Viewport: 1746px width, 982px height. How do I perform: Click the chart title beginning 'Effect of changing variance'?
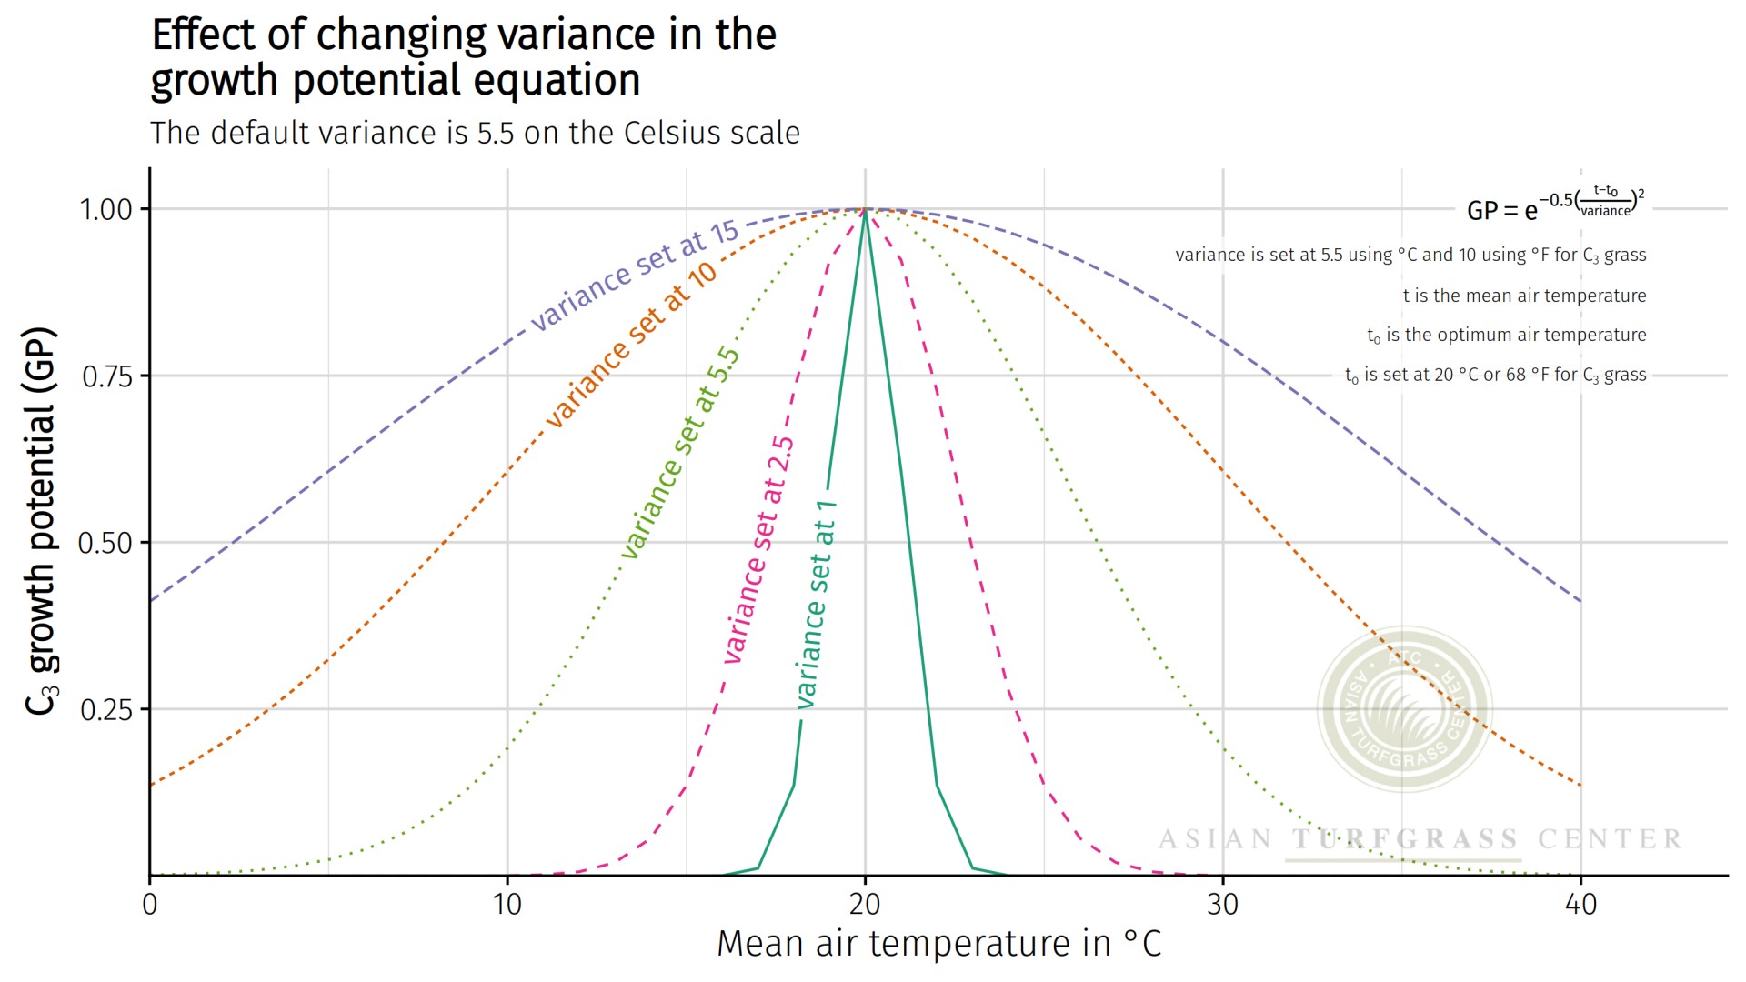pyautogui.click(x=464, y=57)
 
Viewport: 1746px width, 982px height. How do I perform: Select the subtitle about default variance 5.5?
pyautogui.click(x=475, y=133)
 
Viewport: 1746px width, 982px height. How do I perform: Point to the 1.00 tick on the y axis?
pyautogui.click(x=106, y=209)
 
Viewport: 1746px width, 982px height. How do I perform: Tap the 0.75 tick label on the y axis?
pyautogui.click(x=106, y=376)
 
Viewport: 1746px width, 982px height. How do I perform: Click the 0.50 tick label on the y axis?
pyautogui.click(x=105, y=543)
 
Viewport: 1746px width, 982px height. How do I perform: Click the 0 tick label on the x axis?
pyautogui.click(x=150, y=904)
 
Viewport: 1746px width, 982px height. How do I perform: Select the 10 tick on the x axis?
pyautogui.click(x=507, y=904)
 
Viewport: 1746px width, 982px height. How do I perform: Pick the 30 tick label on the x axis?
pyautogui.click(x=1223, y=904)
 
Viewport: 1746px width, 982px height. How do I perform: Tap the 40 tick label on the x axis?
pyautogui.click(x=1580, y=904)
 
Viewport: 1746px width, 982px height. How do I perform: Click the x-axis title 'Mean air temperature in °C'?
pyautogui.click(x=938, y=944)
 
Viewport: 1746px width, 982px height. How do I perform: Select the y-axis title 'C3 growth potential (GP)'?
pyautogui.click(x=41, y=520)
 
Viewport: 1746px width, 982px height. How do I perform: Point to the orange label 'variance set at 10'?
pyautogui.click(x=631, y=346)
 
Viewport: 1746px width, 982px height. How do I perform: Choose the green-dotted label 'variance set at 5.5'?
pyautogui.click(x=680, y=452)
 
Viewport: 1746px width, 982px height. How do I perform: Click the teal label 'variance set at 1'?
pyautogui.click(x=816, y=605)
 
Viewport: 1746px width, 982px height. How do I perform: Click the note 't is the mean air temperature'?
pyautogui.click(x=1524, y=296)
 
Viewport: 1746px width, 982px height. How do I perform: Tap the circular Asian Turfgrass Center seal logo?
pyautogui.click(x=1404, y=708)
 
